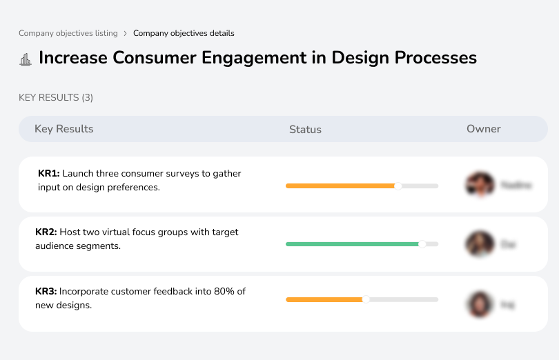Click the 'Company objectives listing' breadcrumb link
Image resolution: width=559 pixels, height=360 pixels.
click(68, 33)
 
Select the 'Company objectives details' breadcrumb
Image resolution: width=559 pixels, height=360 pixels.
click(184, 33)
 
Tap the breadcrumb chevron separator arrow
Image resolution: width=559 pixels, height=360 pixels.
click(125, 33)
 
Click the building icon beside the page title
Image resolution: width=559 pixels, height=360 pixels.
click(26, 59)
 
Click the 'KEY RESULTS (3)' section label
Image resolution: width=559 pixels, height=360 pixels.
click(56, 97)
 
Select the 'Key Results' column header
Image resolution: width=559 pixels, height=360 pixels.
click(63, 129)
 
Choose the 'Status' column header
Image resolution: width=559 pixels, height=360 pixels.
click(305, 130)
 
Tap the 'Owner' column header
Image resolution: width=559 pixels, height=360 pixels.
click(484, 129)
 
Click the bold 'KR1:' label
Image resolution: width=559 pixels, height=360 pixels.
click(49, 174)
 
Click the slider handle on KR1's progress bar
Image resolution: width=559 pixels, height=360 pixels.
click(398, 186)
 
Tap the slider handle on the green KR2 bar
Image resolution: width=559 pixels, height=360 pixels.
click(422, 243)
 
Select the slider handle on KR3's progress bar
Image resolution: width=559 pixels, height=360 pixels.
click(366, 299)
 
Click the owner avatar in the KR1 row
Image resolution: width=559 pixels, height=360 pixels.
click(480, 185)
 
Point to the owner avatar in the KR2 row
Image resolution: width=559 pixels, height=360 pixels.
click(480, 244)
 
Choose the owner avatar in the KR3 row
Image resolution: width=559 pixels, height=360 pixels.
click(480, 304)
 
